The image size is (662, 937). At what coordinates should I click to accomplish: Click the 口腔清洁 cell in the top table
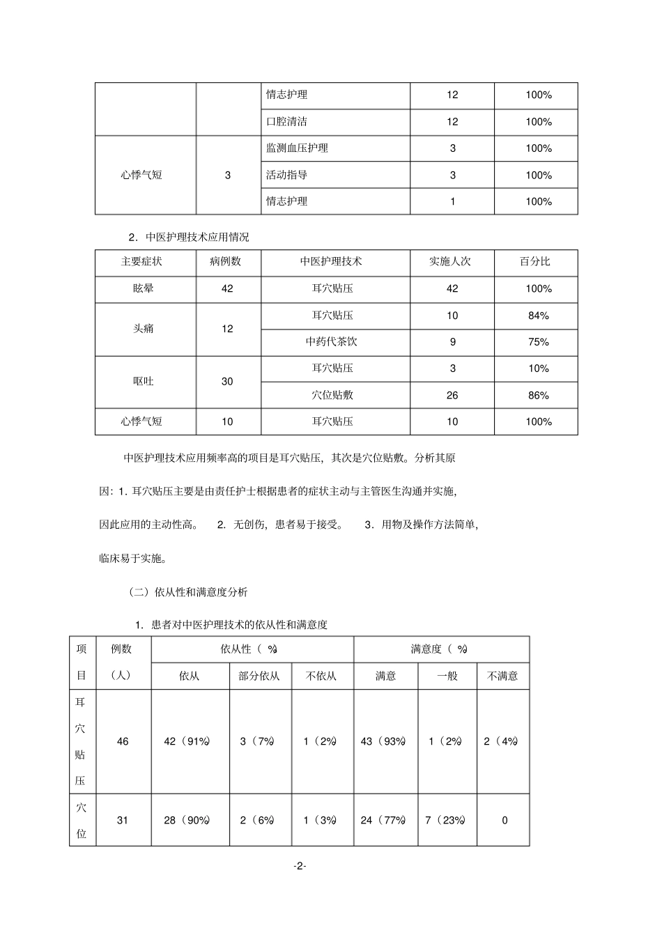pos(286,122)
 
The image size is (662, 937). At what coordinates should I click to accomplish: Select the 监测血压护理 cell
pos(297,148)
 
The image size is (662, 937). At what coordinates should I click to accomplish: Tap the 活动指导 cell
pos(286,175)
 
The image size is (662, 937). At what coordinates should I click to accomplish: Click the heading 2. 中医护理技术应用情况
pos(189,237)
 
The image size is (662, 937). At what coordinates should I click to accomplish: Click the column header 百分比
pos(535,262)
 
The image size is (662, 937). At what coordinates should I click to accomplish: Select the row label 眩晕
pos(144,288)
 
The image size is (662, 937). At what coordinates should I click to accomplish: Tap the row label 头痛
pos(144,328)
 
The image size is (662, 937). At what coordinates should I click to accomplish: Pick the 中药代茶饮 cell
pos(332,342)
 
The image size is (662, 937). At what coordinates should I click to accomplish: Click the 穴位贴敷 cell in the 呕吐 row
pos(332,395)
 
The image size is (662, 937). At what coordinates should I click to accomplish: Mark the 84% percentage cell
pos(538,316)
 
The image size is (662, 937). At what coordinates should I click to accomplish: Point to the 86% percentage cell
pos(538,395)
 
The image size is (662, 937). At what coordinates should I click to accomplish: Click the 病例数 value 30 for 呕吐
pos(227,382)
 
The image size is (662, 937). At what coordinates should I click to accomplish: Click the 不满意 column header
pos(502,676)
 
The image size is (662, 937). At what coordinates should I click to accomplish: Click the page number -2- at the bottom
pos(300,866)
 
